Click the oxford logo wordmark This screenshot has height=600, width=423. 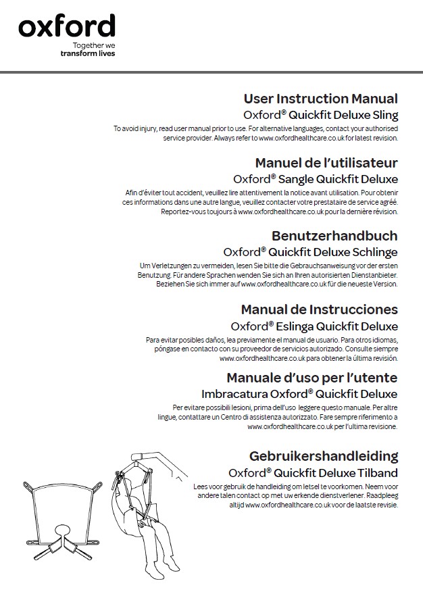66,27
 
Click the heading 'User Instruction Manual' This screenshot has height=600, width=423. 320,99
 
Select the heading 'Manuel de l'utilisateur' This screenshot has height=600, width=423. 326,163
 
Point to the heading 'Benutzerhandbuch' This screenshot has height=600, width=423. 334,236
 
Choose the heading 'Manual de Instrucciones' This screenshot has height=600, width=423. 320,309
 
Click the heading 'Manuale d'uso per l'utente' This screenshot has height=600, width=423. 312,377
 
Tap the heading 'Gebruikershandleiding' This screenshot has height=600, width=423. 324,456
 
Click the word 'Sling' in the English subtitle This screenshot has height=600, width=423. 385,115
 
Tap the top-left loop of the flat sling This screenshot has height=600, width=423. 30,486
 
